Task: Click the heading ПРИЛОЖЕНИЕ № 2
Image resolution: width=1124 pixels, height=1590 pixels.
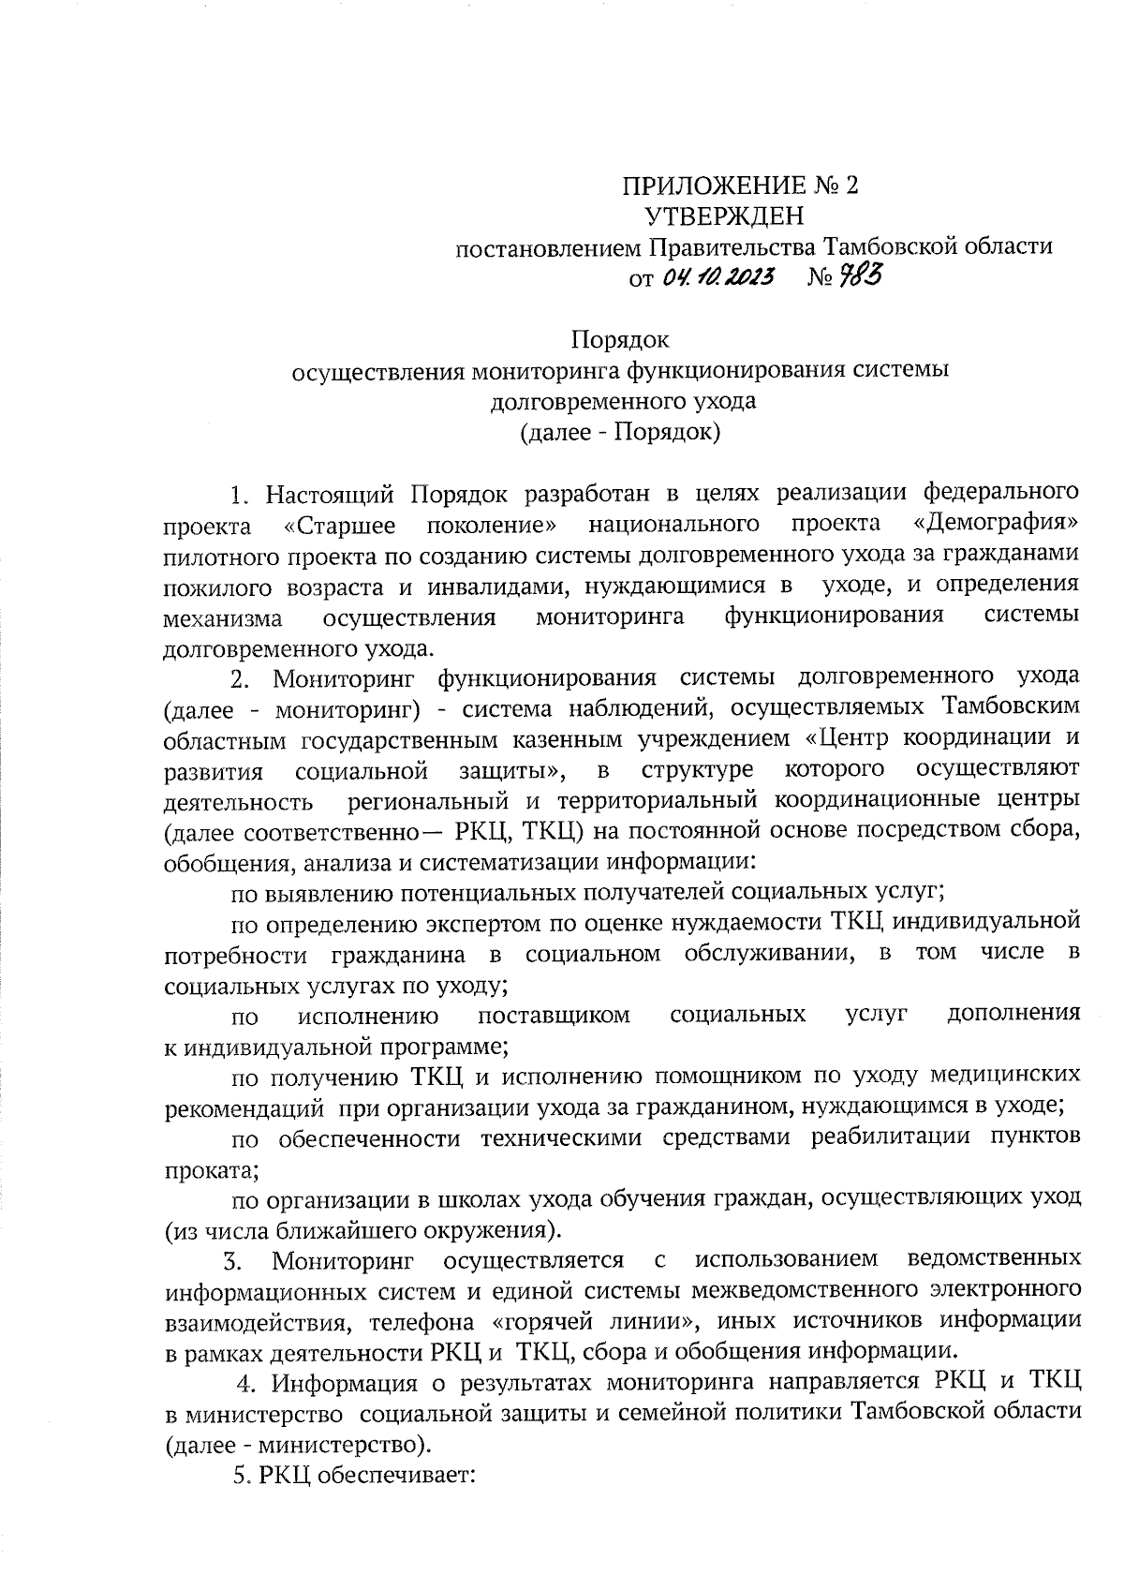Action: pos(741,186)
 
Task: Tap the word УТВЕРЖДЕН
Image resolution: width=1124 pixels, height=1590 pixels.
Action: pos(724,216)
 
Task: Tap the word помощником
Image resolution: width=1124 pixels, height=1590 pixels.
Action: pos(722,1074)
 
